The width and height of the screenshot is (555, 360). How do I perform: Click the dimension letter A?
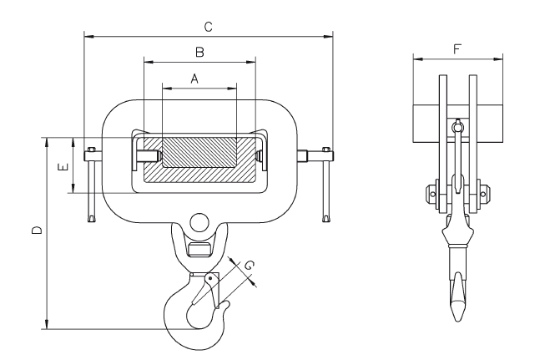coord(194,79)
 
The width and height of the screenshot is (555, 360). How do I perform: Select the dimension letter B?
coord(200,53)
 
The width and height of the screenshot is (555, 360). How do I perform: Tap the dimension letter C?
coord(209,27)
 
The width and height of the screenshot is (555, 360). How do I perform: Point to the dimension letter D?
coord(37,231)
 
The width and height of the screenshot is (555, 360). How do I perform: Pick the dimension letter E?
coord(63,166)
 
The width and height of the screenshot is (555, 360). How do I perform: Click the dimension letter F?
coord(457,49)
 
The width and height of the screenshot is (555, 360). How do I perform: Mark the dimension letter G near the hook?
coord(249,265)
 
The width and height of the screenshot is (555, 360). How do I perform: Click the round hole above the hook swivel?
coord(199,222)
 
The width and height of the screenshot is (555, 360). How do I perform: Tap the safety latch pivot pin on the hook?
coord(210,278)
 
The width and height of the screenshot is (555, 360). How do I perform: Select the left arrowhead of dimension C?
coord(88,36)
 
